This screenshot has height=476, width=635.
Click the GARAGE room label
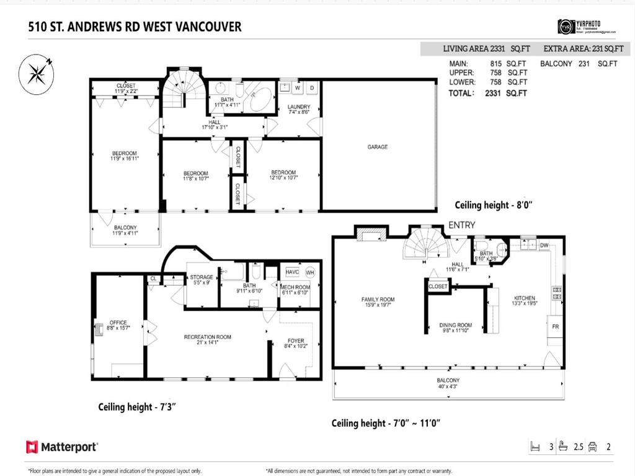click(377, 147)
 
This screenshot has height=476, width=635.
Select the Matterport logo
click(62, 447)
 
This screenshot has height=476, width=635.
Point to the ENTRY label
click(461, 225)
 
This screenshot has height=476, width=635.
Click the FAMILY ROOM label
click(378, 299)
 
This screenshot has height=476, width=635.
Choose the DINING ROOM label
click(455, 325)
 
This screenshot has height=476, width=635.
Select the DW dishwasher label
click(544, 246)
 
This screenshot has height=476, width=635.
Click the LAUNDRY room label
click(299, 107)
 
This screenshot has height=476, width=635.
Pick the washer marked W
click(297, 88)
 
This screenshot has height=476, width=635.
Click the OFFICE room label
click(118, 322)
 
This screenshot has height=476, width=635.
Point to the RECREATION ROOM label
click(207, 337)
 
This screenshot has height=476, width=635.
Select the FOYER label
click(295, 341)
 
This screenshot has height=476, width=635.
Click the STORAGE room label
click(202, 277)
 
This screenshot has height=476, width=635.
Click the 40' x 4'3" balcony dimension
click(447, 387)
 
